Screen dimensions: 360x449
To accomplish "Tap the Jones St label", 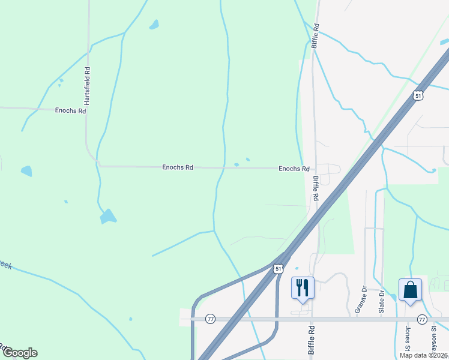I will [408, 340].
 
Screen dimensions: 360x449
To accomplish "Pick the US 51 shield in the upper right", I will [418, 95].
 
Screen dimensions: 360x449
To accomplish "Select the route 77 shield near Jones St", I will [422, 319].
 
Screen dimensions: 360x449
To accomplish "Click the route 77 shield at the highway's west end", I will [210, 319].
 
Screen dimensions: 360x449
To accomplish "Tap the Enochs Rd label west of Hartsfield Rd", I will [70, 111].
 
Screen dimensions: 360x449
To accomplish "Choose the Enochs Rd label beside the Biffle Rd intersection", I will [294, 169].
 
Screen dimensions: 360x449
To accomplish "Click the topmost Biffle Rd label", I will [315, 36].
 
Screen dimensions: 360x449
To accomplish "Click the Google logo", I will [20, 353].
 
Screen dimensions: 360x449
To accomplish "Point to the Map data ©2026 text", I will [423, 355].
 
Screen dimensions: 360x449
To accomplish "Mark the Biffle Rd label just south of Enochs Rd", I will [315, 188].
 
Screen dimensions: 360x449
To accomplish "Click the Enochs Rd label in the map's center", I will [178, 168].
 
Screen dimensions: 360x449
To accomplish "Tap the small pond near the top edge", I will [154, 25].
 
